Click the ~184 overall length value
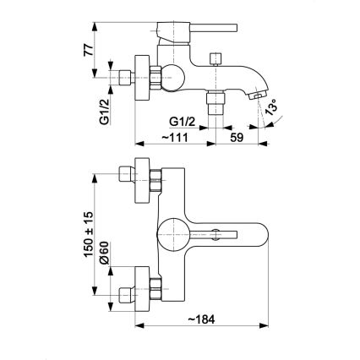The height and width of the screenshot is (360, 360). (201, 319)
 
